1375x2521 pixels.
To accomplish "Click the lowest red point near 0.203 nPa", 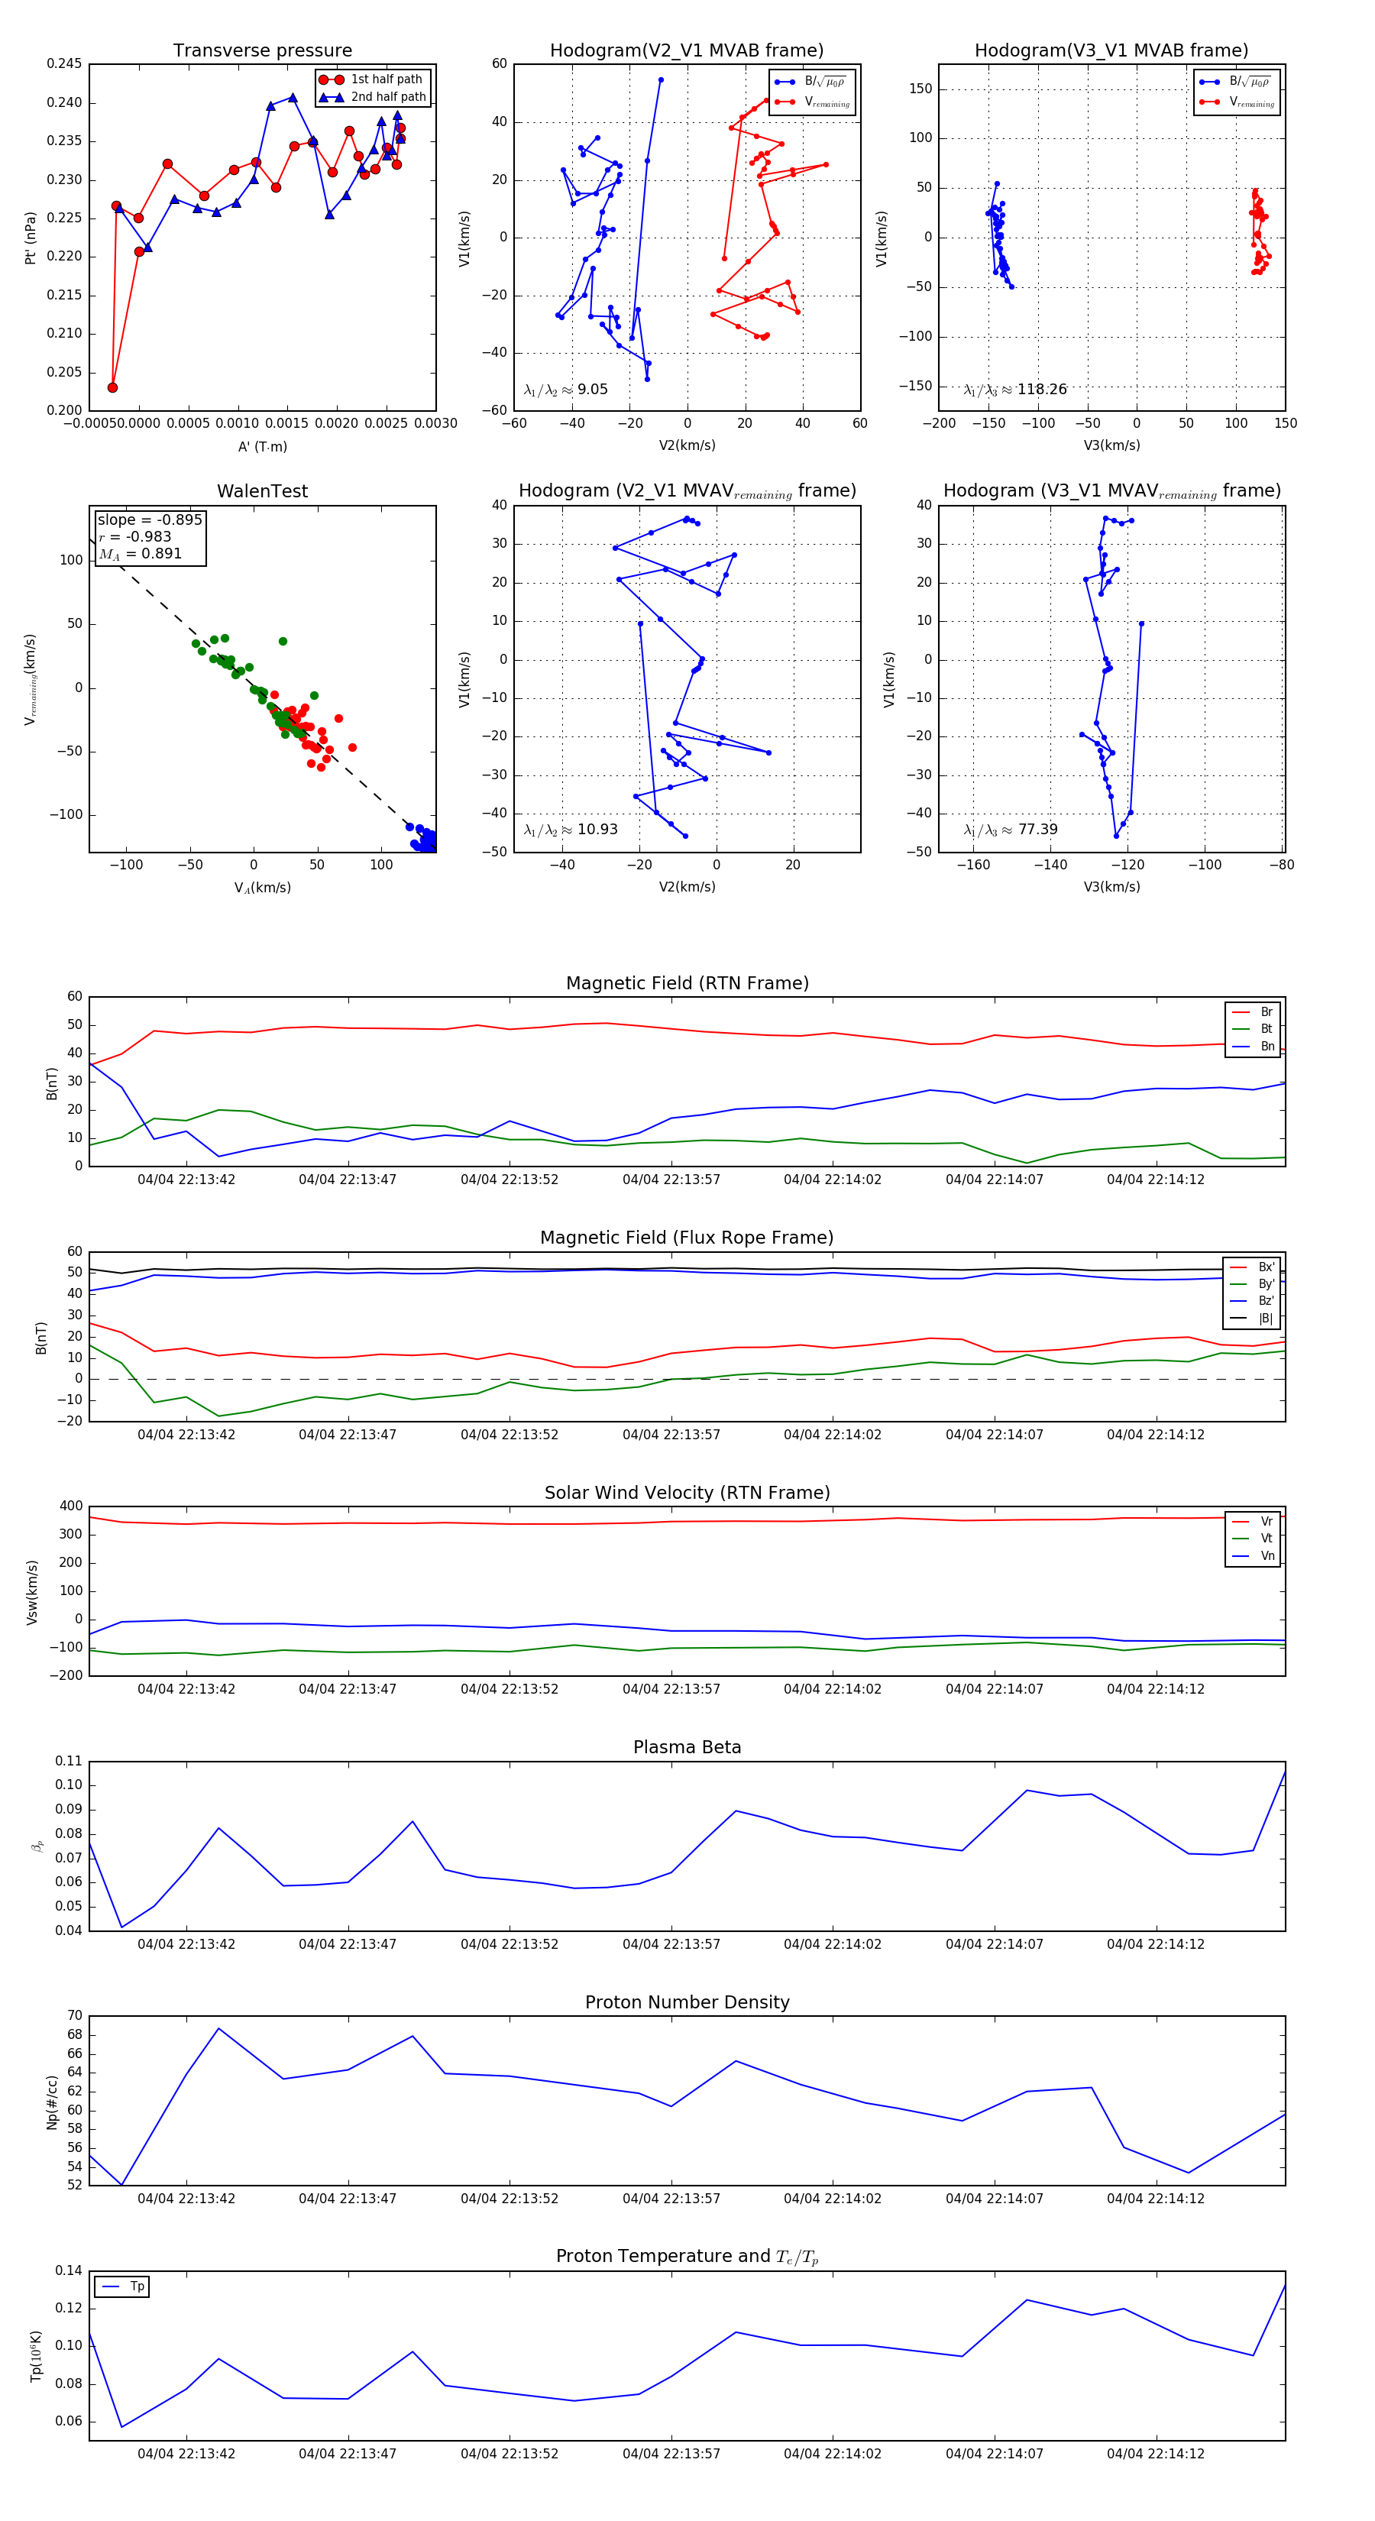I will [x=112, y=387].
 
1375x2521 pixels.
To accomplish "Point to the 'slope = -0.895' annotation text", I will [x=150, y=519].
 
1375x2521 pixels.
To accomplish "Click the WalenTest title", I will [x=262, y=491].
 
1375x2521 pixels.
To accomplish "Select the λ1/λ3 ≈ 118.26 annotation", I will [x=1015, y=390].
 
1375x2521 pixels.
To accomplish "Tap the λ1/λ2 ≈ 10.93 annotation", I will [x=571, y=830].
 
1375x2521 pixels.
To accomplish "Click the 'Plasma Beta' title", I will [x=687, y=1748].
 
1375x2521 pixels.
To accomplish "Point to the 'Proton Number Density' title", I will [x=687, y=2002].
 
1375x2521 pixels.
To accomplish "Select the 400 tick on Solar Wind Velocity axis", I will [x=70, y=1506].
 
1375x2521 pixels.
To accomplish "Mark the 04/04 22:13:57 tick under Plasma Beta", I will [x=671, y=1944].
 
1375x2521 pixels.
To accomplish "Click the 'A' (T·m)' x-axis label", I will [x=262, y=446].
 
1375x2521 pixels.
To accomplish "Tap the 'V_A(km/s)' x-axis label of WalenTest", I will [x=262, y=888].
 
